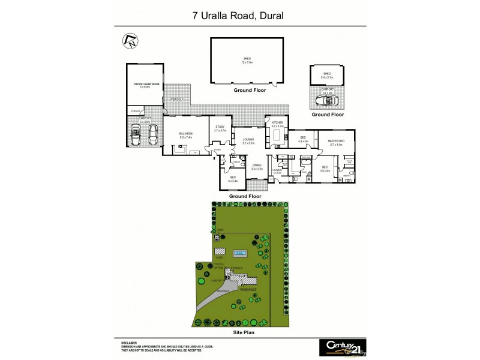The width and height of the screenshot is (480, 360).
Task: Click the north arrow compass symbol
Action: [129, 42]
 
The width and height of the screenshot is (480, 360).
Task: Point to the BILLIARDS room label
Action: [185, 134]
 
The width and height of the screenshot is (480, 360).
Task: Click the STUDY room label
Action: [220, 127]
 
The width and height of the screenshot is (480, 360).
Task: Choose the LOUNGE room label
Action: [248, 140]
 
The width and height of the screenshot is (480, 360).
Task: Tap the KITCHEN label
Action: [277, 123]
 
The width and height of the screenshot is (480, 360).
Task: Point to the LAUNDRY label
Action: [277, 170]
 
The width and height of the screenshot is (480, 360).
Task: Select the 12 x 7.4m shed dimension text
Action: [247, 62]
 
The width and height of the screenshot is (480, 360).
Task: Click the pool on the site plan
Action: [241, 253]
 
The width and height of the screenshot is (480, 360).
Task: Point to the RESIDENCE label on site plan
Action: [248, 289]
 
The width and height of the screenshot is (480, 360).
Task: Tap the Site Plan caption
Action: [247, 331]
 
